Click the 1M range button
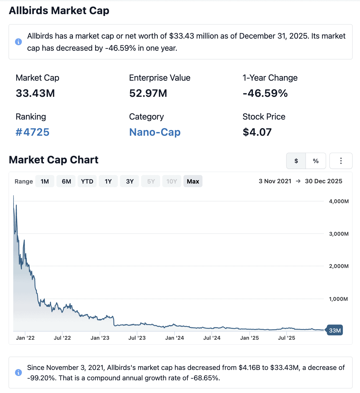(45, 182)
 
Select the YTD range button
(87, 182)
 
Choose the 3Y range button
(130, 182)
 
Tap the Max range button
(193, 182)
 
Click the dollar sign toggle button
(296, 161)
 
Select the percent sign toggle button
(316, 161)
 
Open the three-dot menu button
(341, 161)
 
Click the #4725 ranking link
(33, 132)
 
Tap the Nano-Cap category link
(155, 132)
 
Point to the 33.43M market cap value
(35, 93)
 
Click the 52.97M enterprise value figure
(148, 93)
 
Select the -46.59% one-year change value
(265, 93)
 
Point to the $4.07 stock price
(257, 132)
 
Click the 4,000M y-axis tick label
(339, 201)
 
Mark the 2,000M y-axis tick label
(339, 266)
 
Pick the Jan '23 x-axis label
(100, 338)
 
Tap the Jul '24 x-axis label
(212, 338)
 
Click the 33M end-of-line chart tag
(335, 330)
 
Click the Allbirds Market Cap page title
(59, 11)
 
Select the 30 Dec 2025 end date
(323, 181)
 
